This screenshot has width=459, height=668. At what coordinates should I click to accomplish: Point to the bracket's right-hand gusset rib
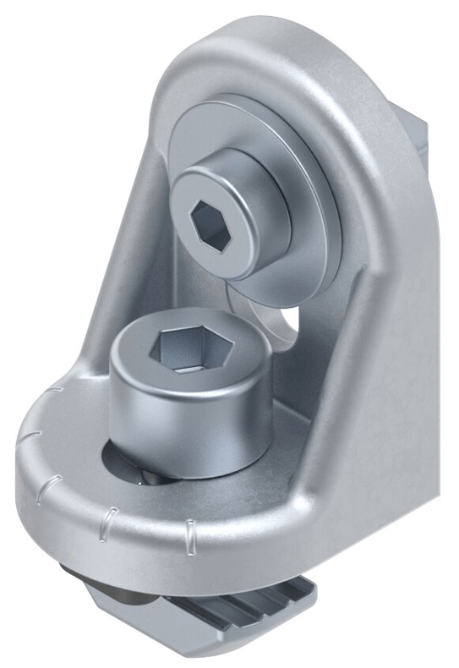point(372,338)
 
